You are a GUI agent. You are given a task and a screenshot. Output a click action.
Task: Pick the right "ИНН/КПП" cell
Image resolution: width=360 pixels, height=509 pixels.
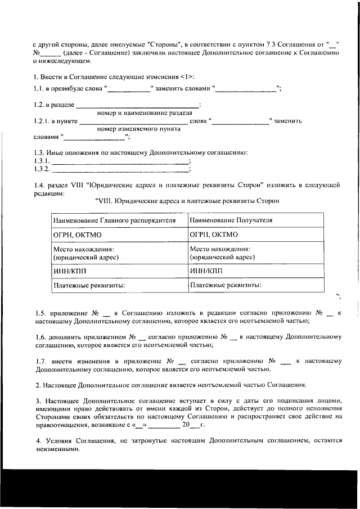pos(206,271)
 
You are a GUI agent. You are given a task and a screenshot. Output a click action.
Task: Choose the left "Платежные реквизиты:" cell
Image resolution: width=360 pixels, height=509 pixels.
pos(89,285)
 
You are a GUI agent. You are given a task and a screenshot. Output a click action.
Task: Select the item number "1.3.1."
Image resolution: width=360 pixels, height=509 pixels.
pos(43,161)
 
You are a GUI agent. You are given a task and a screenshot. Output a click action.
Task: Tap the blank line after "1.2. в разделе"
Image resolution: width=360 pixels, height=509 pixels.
pos(137,105)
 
